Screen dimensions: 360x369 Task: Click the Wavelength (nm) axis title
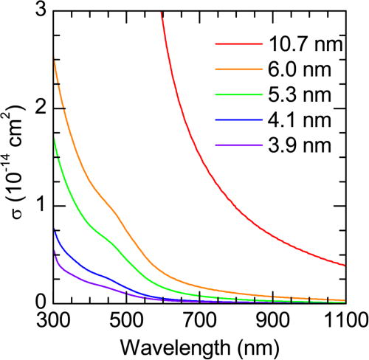200,345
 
